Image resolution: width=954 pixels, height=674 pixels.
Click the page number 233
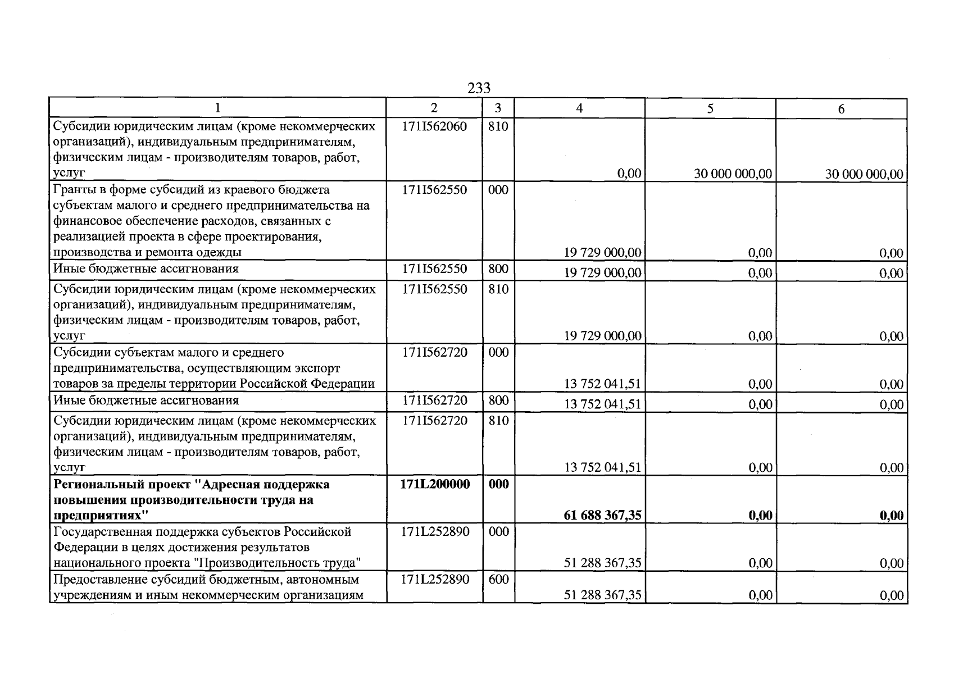click(x=479, y=88)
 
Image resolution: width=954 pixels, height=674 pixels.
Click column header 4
click(x=579, y=108)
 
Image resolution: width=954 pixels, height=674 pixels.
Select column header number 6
click(x=841, y=109)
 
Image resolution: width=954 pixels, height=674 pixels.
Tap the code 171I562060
click(x=434, y=126)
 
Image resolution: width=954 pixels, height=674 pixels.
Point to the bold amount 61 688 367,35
click(x=602, y=515)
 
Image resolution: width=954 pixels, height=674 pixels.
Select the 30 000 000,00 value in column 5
click(x=733, y=174)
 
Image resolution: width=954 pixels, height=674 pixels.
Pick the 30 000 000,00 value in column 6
click(x=864, y=174)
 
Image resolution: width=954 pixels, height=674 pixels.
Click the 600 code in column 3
click(x=498, y=579)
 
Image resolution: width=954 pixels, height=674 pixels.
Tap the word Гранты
click(x=74, y=190)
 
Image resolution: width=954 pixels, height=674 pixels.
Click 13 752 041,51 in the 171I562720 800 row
click(x=602, y=404)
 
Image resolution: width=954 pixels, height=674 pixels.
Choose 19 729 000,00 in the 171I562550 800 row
click(x=602, y=272)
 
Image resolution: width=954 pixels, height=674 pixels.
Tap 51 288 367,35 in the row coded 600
click(x=602, y=595)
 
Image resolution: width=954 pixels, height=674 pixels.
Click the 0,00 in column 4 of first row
click(x=629, y=174)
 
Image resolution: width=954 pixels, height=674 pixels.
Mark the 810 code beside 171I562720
click(x=498, y=421)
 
